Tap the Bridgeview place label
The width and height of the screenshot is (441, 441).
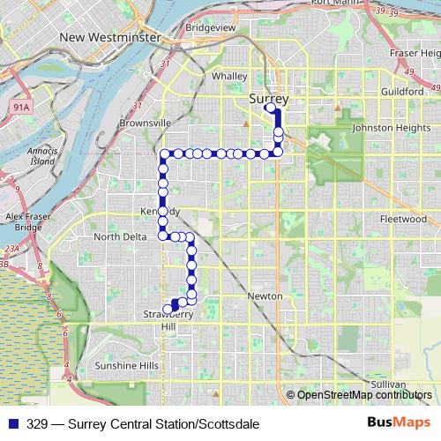click(x=210, y=53)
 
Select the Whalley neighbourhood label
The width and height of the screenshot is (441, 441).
click(x=228, y=77)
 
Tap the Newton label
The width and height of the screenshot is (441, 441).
click(x=265, y=296)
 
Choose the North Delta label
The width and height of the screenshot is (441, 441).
click(x=120, y=236)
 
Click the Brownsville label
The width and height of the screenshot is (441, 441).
click(x=143, y=123)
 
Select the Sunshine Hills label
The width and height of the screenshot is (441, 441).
click(x=126, y=365)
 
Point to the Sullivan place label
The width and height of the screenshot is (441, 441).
click(x=388, y=385)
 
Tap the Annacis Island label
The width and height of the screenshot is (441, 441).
click(x=41, y=155)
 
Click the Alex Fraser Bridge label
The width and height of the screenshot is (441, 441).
click(x=24, y=221)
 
